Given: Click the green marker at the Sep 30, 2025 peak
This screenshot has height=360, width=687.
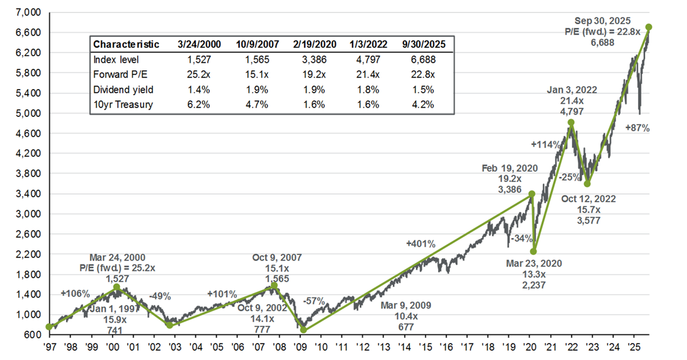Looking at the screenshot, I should [649, 27].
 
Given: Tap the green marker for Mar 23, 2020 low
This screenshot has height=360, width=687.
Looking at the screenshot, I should [533, 251].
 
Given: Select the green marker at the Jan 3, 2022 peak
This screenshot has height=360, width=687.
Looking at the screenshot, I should [571, 123].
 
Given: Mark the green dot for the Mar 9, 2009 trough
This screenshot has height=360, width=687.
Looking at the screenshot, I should [303, 330].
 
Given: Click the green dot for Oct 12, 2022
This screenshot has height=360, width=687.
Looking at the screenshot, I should [587, 184].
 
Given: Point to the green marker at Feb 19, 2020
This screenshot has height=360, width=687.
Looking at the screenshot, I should [532, 194].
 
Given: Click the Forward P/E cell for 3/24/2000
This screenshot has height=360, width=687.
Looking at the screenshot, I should [199, 74].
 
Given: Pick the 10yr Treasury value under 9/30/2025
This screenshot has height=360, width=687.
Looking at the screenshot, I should [423, 105].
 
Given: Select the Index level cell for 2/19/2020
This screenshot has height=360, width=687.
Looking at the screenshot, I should [314, 59].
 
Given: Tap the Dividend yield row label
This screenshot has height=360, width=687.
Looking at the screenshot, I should [123, 90].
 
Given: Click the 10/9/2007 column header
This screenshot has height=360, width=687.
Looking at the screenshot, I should [257, 44].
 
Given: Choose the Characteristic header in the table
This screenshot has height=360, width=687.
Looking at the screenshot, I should [126, 44].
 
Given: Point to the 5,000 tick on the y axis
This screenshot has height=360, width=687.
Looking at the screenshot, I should [29, 113].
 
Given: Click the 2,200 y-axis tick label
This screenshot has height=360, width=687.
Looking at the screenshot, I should [29, 255].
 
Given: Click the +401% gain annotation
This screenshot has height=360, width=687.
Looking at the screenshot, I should [421, 244].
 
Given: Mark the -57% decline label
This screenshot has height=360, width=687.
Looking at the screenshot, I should [314, 301].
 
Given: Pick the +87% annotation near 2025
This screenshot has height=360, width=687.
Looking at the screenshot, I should [637, 128].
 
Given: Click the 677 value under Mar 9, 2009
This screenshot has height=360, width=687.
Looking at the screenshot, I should [406, 328].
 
